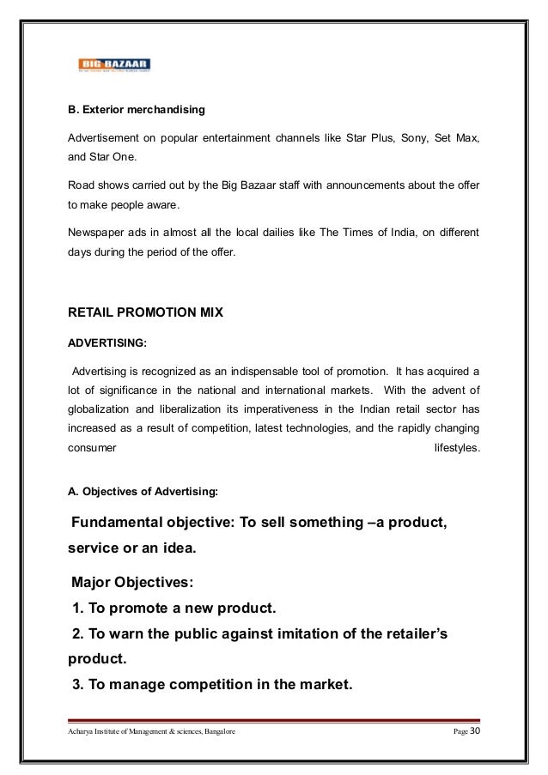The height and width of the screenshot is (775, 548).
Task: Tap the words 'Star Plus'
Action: pos(370,138)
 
